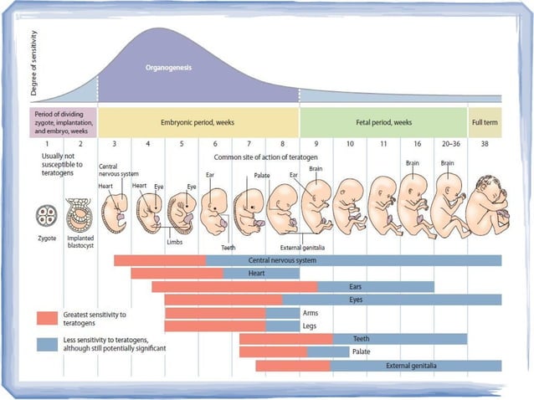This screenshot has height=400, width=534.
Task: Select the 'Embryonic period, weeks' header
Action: pyautogui.click(x=198, y=122)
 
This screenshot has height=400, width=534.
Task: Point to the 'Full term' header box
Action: pyautogui.click(x=485, y=122)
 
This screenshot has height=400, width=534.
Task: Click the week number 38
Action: pyautogui.click(x=485, y=144)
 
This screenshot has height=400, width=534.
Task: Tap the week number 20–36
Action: pyautogui.click(x=449, y=144)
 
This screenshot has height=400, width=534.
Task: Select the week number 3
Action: pyautogui.click(x=115, y=144)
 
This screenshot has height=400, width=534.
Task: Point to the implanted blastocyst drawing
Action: pyautogui.click(x=77, y=213)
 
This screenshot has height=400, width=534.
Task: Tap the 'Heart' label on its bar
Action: pyautogui.click(x=258, y=274)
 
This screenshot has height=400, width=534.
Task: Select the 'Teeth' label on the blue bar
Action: pyautogui.click(x=361, y=339)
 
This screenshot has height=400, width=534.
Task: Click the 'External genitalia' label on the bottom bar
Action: pyautogui.click(x=410, y=366)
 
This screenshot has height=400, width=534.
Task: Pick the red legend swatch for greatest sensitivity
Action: pyautogui.click(x=47, y=318)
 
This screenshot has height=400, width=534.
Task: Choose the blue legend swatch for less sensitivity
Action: pyautogui.click(x=47, y=343)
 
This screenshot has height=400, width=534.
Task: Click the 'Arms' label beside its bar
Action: pyautogui.click(x=310, y=313)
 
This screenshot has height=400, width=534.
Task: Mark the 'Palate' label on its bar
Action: pyautogui.click(x=361, y=351)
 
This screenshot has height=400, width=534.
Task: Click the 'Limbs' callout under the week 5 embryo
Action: pyautogui.click(x=174, y=241)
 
